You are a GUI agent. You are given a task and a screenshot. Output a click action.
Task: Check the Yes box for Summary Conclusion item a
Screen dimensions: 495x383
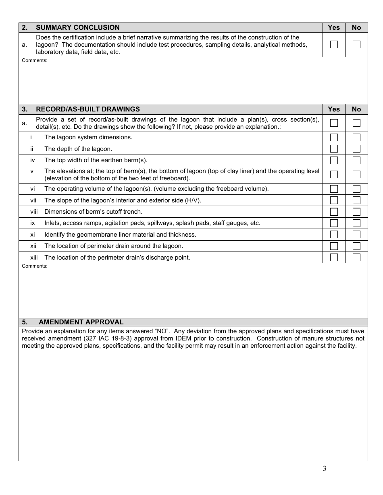point(334,45)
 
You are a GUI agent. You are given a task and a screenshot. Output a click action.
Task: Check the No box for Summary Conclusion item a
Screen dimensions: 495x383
point(356,45)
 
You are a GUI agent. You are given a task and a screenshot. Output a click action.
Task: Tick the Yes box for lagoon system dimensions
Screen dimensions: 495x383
point(334,138)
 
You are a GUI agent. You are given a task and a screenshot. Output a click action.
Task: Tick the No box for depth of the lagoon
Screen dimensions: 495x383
point(356,149)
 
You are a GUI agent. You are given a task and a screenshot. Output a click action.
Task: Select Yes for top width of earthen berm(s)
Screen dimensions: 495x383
point(334,161)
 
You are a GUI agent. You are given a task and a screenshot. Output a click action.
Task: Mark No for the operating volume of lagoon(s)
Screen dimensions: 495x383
point(356,189)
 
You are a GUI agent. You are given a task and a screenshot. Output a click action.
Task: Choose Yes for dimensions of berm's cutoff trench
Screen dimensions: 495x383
point(334,212)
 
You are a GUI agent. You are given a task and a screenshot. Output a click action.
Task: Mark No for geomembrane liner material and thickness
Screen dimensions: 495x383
point(356,235)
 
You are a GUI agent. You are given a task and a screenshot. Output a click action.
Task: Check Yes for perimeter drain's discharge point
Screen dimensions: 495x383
point(334,258)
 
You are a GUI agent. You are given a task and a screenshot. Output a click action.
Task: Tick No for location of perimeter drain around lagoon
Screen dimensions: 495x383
point(356,246)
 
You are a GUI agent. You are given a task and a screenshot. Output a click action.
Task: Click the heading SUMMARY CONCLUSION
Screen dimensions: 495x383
point(78,27)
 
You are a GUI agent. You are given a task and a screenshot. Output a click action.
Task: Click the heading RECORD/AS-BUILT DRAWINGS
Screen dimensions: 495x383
point(88,109)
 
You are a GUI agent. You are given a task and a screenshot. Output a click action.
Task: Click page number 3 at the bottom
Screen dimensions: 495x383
point(325,468)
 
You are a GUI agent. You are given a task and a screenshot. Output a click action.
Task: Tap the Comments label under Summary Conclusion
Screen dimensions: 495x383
point(34,60)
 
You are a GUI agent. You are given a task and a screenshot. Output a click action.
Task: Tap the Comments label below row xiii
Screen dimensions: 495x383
point(34,266)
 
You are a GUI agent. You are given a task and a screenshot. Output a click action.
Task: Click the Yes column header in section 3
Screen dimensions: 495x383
point(334,109)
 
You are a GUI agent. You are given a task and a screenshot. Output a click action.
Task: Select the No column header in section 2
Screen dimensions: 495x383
point(356,27)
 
